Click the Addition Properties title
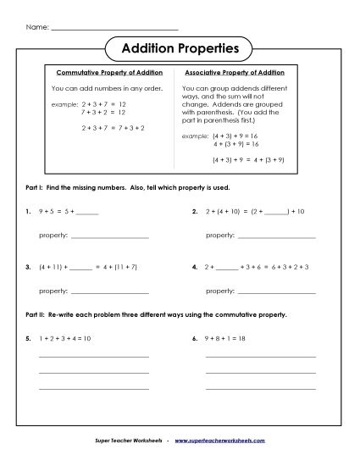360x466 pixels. [x=180, y=48]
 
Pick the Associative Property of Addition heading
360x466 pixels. [x=235, y=74]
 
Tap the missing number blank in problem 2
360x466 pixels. [x=276, y=213]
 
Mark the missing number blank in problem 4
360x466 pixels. [x=228, y=268]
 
